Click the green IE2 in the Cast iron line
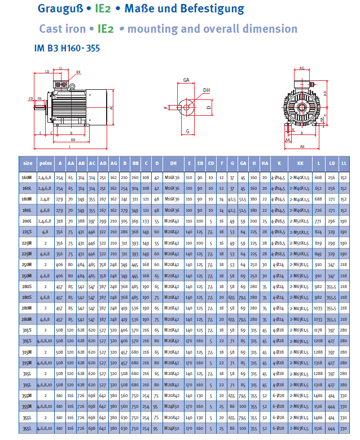point(106,29)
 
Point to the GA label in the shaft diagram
point(186,80)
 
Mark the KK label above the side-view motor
point(78,72)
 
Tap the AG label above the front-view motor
point(302,68)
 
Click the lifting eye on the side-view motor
point(72,85)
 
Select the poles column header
point(46,163)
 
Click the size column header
point(28,163)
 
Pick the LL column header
point(344,163)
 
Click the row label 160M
point(28,177)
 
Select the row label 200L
point(28,221)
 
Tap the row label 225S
point(28,232)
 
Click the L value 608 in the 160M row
point(318,177)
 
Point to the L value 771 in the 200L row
point(318,221)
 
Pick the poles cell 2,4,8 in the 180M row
point(46,199)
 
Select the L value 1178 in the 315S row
point(318,330)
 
